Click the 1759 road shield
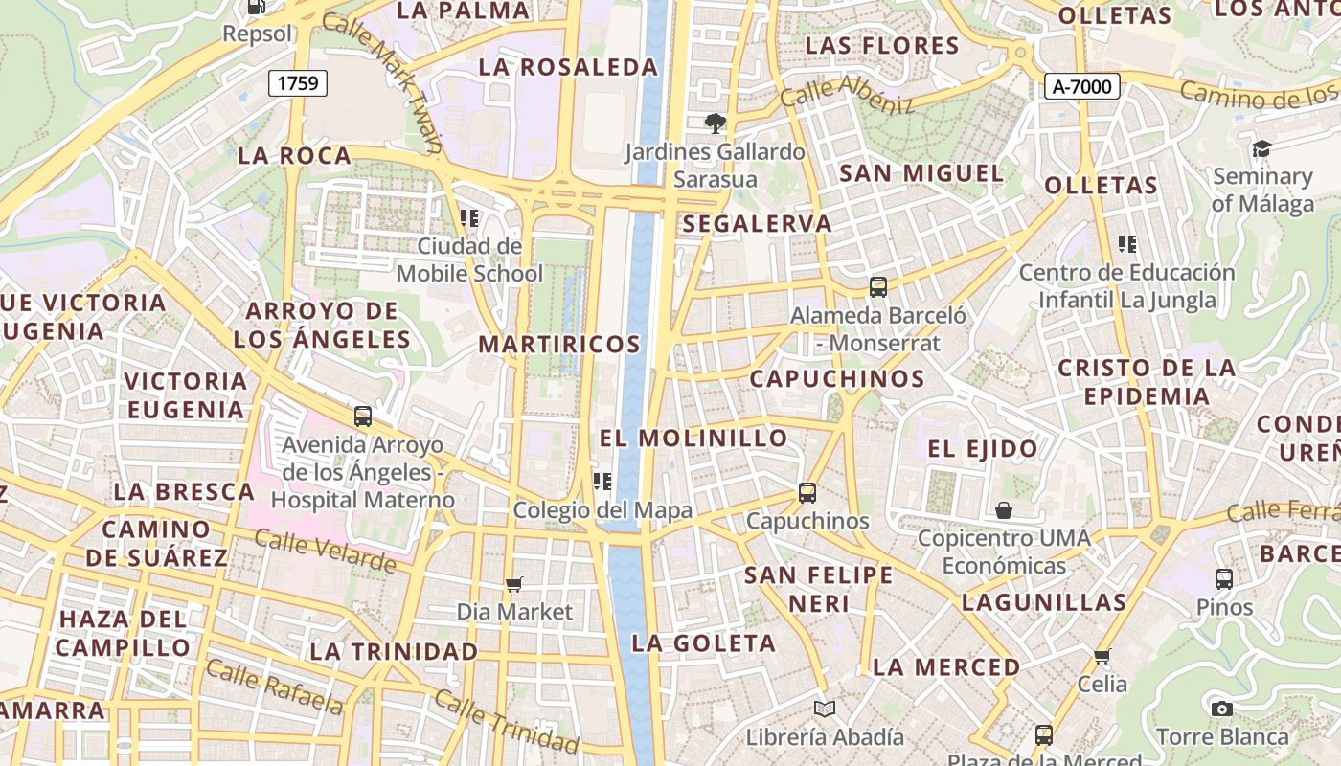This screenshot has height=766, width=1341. click(298, 83)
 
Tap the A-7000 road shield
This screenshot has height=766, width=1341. click(1081, 87)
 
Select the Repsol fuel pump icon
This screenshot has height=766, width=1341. click(257, 8)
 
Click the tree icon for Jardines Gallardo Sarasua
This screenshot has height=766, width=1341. click(715, 123)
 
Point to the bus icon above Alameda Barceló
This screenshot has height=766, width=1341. click(877, 286)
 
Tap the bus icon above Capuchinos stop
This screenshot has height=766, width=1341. click(807, 493)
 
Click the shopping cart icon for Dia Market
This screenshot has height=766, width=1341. click(514, 584)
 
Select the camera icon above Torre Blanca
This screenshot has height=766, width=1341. click(1221, 709)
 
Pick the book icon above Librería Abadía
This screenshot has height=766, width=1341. click(825, 709)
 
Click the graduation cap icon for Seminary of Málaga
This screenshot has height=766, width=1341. click(1261, 148)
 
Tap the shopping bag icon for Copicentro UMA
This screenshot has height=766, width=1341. click(1004, 510)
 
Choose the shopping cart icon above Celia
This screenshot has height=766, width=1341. click(1102, 656)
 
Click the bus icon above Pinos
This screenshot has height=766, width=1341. click(1223, 578)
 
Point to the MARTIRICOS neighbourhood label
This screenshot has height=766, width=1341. click(559, 344)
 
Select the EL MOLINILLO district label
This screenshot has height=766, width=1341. click(693, 439)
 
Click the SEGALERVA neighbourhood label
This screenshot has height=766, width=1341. click(757, 224)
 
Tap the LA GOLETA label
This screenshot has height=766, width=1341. click(703, 643)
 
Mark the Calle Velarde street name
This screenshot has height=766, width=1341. click(326, 550)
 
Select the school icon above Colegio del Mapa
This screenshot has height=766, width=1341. click(602, 481)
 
